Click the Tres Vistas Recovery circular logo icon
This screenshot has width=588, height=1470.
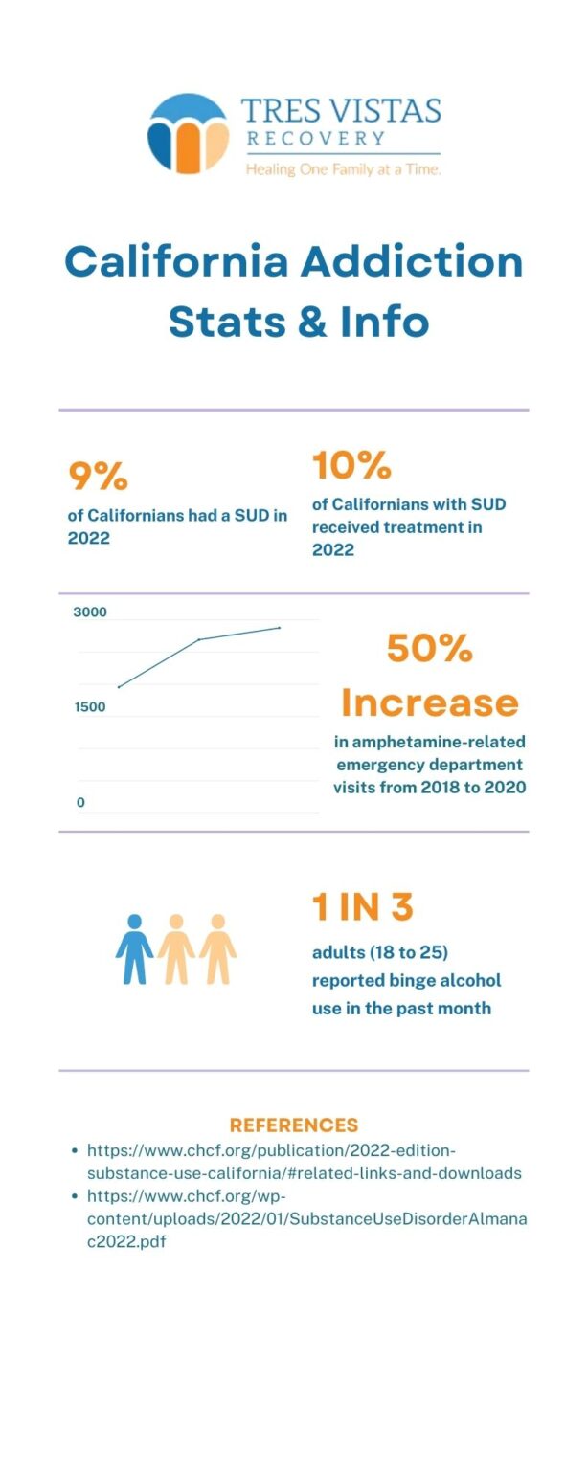click(188, 134)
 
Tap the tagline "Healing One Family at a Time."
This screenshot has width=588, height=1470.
click(343, 169)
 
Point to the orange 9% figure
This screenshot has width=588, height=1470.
click(98, 476)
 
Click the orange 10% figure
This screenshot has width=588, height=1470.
click(351, 465)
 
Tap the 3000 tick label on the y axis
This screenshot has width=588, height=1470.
click(90, 612)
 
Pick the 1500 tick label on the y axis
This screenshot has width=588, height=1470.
click(90, 707)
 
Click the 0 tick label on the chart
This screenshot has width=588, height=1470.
click(80, 803)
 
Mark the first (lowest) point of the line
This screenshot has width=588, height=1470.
click(118, 687)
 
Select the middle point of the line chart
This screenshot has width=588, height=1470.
click(199, 639)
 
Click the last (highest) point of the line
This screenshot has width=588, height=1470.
click(279, 628)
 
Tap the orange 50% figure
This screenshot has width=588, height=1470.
click(429, 649)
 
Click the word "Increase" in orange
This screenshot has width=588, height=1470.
click(429, 703)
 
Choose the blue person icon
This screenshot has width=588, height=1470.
click(134, 948)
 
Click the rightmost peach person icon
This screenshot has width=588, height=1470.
click(217, 948)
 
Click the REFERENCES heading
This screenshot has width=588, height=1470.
click(293, 1125)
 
